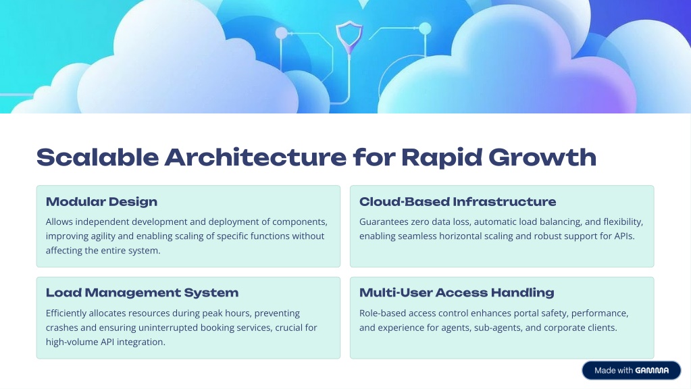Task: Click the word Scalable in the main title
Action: pyautogui.click(x=98, y=157)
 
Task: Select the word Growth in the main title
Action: pyautogui.click(x=542, y=157)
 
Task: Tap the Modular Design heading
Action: pyautogui.click(x=102, y=202)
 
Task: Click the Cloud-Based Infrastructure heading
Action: pyautogui.click(x=457, y=202)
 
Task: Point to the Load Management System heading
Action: pyautogui.click(x=143, y=293)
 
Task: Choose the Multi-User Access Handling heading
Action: pyautogui.click(x=457, y=293)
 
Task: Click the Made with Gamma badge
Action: pyautogui.click(x=632, y=371)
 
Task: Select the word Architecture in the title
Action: pyautogui.click(x=255, y=157)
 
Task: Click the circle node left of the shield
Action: pyautogui.click(x=281, y=33)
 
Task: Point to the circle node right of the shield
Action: pyautogui.click(x=425, y=28)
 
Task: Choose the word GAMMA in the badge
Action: pyautogui.click(x=652, y=371)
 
